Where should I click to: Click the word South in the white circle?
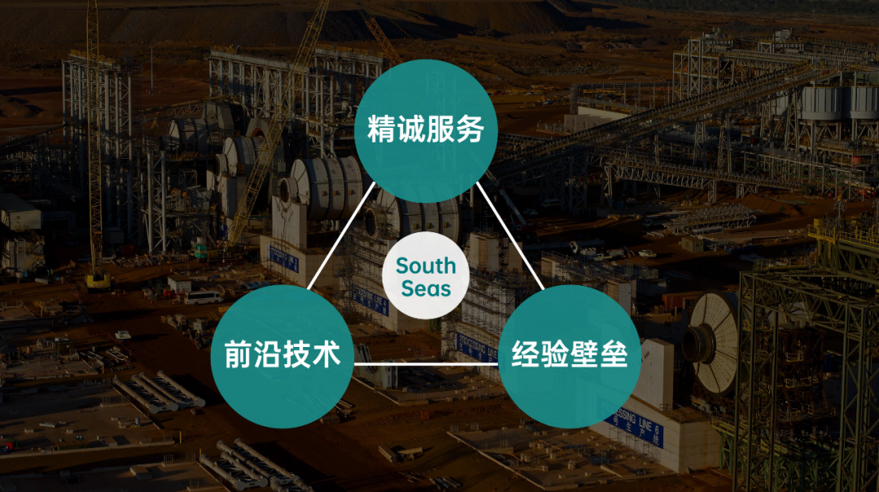point(426,266)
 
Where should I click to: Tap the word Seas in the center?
point(426,289)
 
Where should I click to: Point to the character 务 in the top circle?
point(470,130)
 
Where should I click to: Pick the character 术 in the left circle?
point(326,355)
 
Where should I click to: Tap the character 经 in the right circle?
point(527,355)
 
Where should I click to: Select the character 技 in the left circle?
point(297,355)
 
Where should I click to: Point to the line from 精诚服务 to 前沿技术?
point(342,236)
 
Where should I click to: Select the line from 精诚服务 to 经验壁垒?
point(510,236)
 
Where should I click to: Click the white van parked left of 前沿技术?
point(203,297)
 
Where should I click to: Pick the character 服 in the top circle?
point(440,130)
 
